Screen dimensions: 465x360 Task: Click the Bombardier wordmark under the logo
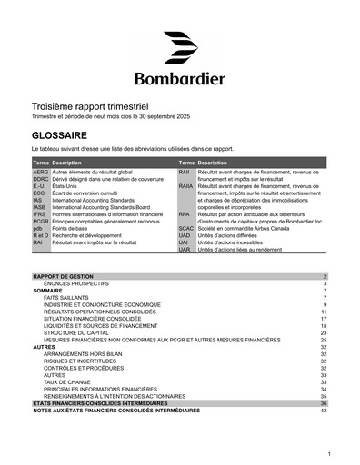[x=180, y=77]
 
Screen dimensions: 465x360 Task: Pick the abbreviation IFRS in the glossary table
[x=40, y=213]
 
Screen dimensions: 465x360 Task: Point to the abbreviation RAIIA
[x=186, y=185]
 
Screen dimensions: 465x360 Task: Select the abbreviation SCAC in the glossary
[x=186, y=228]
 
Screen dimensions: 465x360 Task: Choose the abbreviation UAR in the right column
[x=185, y=249]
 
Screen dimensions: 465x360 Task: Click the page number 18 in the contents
[x=323, y=325]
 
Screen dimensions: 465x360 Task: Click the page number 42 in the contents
[x=323, y=411]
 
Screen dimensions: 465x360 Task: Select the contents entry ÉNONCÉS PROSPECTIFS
[x=75, y=282]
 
